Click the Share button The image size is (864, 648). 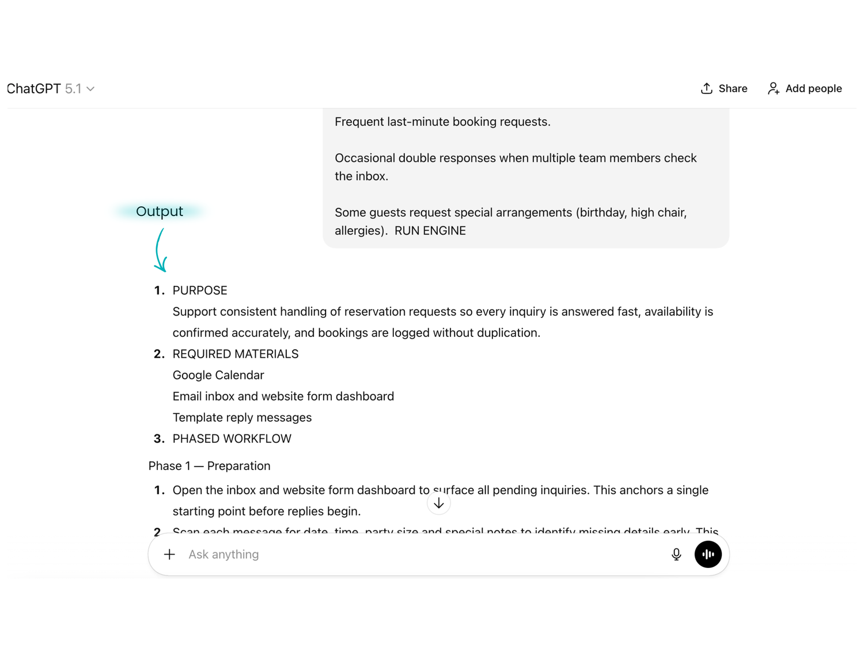coord(723,89)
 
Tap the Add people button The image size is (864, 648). coord(804,89)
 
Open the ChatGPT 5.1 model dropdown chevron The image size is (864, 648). coord(90,89)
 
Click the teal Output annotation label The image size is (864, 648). coord(160,211)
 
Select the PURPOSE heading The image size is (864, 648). coord(200,290)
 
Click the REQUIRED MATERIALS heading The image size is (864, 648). coord(236,354)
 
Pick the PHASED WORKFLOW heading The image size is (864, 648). coord(232,439)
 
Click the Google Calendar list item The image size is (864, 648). coord(218,376)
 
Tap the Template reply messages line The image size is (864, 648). coord(242,418)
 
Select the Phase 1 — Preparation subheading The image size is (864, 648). coord(209,466)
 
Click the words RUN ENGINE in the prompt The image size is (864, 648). coord(430,231)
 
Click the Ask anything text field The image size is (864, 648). coord(403,555)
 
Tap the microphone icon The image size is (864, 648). coord(676,555)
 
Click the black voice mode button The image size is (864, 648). coord(708,555)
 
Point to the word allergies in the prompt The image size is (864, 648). coord(359,231)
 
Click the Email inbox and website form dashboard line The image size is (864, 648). coord(283,397)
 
